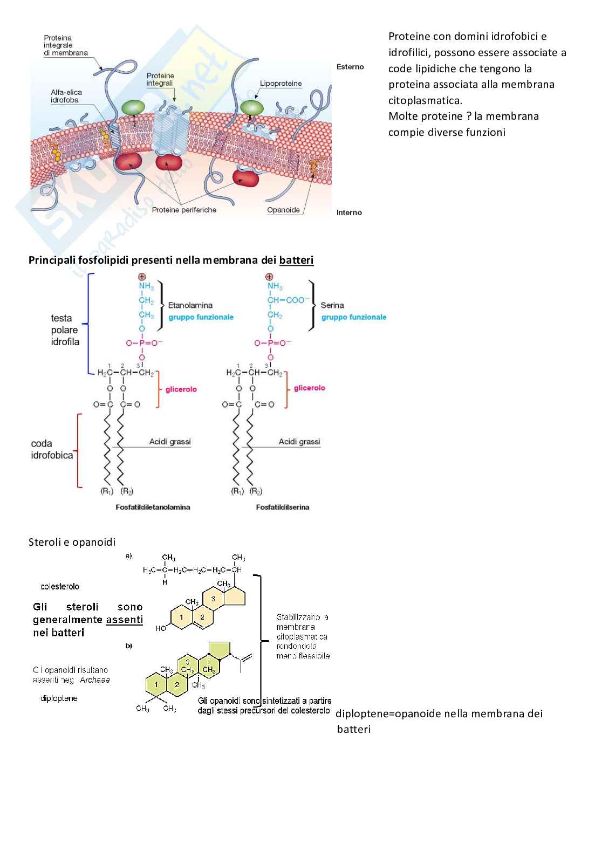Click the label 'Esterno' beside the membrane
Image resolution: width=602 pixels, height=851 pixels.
tap(350, 67)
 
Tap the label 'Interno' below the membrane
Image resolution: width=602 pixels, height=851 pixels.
tap(349, 212)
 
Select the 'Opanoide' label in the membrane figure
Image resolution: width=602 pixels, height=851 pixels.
tap(283, 210)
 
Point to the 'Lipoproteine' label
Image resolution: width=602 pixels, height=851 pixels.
tap(281, 84)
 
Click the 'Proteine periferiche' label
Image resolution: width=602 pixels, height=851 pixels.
tap(184, 210)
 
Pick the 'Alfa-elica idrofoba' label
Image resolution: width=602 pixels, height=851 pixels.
tap(66, 96)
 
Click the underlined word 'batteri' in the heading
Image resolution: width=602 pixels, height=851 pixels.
tap(296, 260)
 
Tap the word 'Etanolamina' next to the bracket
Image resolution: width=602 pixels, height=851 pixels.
tap(190, 305)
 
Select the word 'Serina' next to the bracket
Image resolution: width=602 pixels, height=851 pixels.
tap(332, 305)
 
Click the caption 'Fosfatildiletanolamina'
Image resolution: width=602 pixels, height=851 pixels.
tap(153, 507)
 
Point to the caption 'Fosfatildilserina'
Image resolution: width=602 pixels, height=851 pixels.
tap(283, 507)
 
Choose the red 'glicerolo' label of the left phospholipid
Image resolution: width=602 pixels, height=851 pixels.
tap(181, 389)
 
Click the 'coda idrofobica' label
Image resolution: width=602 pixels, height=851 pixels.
tap(52, 449)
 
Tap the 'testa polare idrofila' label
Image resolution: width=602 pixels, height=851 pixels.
tap(65, 330)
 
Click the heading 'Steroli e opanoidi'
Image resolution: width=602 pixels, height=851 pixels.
tap(72, 542)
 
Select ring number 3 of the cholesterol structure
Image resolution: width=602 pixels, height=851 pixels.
tap(213, 599)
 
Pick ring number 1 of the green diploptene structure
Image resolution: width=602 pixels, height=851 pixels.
tap(156, 684)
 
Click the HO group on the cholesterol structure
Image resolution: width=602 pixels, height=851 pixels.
tap(161, 628)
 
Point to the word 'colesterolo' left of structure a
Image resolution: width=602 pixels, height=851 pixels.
tap(60, 586)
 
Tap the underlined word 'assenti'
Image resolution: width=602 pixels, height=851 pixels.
tap(124, 620)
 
